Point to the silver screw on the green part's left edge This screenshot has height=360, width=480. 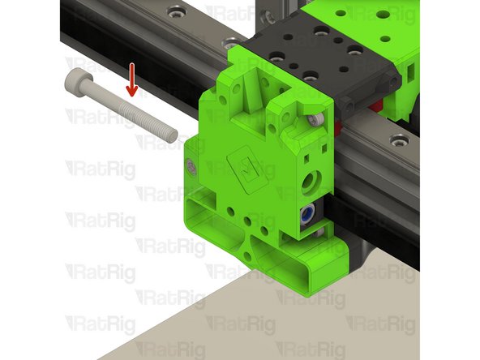pos(191,167)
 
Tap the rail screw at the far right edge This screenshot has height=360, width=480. pos(398,143)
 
